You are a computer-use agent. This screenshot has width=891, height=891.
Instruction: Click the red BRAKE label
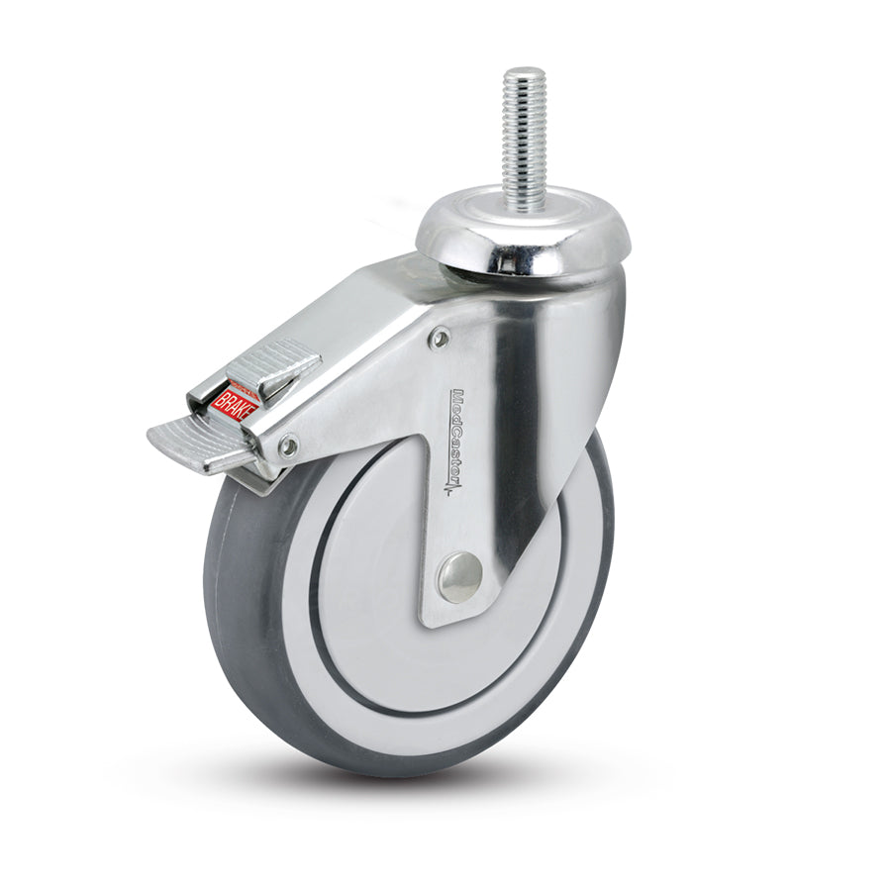(x=232, y=403)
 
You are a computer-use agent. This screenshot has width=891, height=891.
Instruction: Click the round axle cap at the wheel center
(x=460, y=576)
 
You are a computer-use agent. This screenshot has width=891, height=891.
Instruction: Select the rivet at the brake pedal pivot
(x=288, y=447)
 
